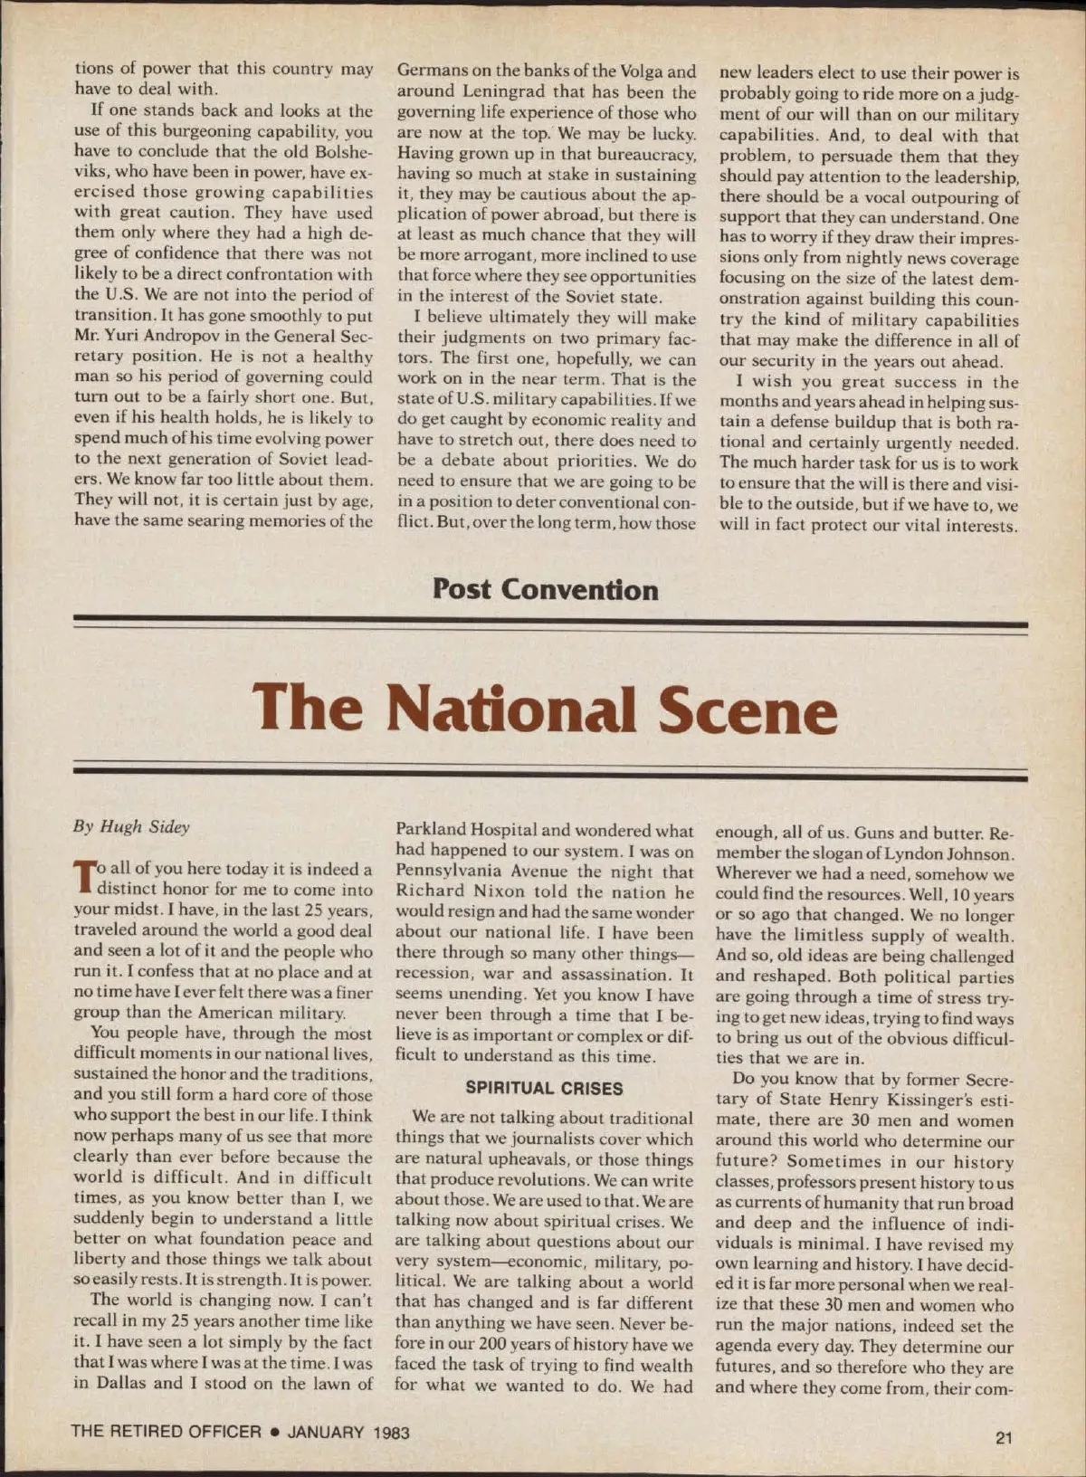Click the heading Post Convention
tap(545, 590)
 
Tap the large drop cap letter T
tap(84, 877)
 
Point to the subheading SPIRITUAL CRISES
tap(544, 1088)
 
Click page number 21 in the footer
tap(1003, 1437)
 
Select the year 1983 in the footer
tap(390, 1432)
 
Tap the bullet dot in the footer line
tap(274, 1432)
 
